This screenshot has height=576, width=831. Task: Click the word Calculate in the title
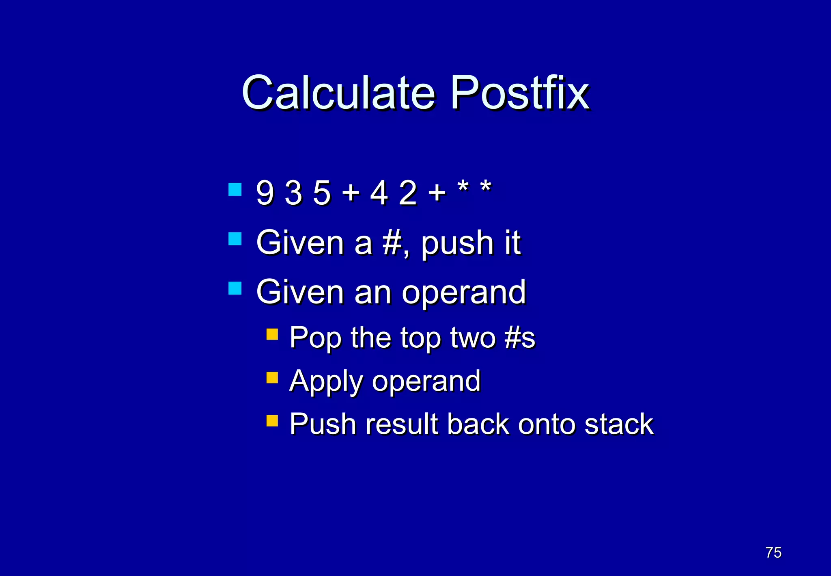pos(339,93)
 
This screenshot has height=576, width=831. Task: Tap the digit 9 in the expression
pos(265,193)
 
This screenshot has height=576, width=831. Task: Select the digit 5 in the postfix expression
pos(322,193)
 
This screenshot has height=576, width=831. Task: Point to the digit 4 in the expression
pos(379,193)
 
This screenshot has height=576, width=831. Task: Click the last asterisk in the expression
pos(486,188)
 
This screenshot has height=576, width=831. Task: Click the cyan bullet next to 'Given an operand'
pos(235,288)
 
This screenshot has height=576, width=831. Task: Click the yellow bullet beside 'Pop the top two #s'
pos(272,334)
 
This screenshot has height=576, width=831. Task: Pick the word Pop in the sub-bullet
pos(315,338)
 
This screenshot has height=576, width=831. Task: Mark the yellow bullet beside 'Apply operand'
pos(272,378)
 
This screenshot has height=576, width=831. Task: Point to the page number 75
pos(773,552)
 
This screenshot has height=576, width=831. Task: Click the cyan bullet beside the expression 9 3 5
pos(235,189)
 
